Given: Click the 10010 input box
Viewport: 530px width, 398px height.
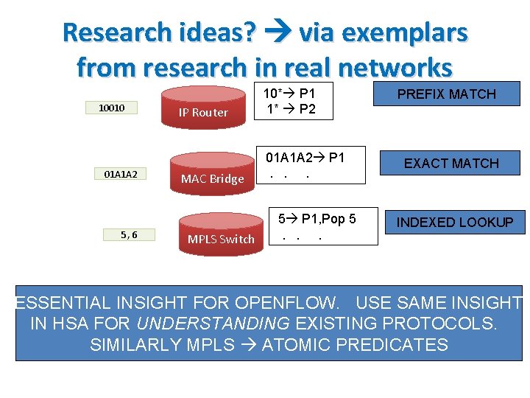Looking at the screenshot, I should point(113,108).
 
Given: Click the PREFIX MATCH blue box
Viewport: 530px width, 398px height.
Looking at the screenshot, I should point(446,94).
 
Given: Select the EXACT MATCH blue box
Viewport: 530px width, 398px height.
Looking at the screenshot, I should point(451,163).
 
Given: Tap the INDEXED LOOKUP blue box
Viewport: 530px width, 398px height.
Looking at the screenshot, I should point(455,222).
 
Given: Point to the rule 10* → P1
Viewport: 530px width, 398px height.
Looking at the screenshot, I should point(289,93).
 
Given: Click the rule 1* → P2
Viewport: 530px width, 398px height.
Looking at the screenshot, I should point(289,108).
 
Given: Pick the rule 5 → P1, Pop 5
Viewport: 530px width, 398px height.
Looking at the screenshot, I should point(317,219).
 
